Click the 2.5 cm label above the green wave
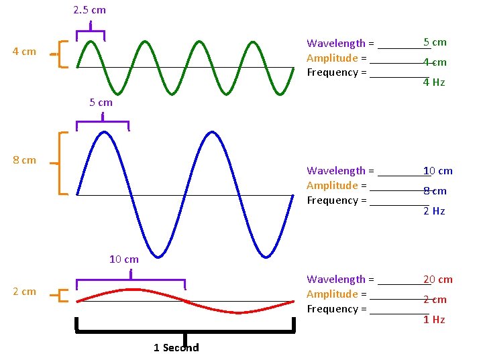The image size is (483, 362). (x=89, y=10)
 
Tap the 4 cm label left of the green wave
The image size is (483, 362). (x=24, y=52)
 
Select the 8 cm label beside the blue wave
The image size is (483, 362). (x=24, y=160)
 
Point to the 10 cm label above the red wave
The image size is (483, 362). (x=123, y=259)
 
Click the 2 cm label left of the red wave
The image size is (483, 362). (x=24, y=292)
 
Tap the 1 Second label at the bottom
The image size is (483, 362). (x=176, y=347)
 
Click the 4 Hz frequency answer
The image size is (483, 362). (x=433, y=82)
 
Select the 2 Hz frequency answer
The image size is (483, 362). (x=433, y=211)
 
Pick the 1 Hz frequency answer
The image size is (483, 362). (x=433, y=320)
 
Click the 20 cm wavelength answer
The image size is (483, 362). (x=437, y=280)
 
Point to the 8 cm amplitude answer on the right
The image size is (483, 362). (x=435, y=191)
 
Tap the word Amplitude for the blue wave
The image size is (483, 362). (x=332, y=186)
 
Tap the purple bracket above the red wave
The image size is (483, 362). (x=130, y=280)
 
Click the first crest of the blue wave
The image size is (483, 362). (x=104, y=133)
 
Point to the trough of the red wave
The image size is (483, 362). (x=238, y=312)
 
